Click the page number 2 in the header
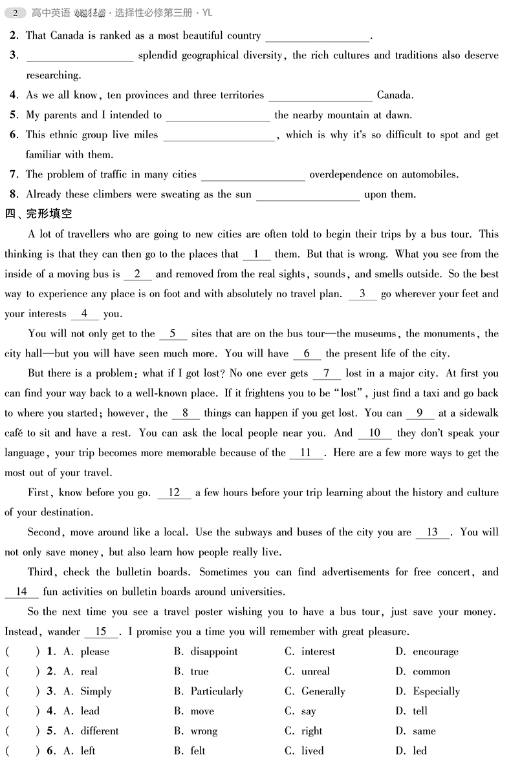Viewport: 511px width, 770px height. [15, 12]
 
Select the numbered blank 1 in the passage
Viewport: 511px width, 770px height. [257, 255]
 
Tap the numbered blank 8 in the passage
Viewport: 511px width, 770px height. [186, 413]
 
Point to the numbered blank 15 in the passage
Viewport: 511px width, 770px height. [102, 632]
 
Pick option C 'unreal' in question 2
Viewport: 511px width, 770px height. [315, 672]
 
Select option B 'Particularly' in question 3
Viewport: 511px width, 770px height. [216, 692]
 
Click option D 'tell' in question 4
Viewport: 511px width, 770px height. [420, 711]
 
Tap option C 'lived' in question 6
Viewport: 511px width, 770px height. [312, 751]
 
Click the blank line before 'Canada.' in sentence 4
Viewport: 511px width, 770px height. [320, 96]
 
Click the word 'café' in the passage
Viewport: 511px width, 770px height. [14, 433]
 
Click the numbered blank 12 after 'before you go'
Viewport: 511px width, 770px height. [174, 493]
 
